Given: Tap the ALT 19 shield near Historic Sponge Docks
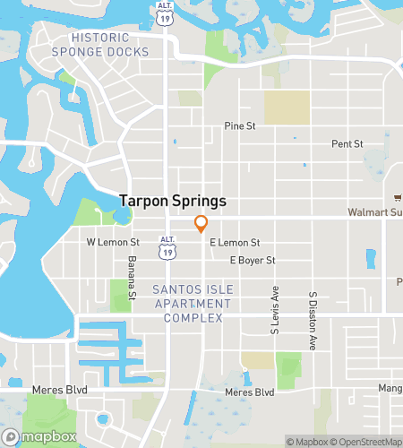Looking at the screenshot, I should [163, 12].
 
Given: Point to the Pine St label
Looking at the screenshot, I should [240, 126].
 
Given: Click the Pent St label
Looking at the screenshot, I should [347, 143].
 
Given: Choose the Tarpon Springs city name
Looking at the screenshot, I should [174, 202].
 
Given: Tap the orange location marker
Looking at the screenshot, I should [201, 224].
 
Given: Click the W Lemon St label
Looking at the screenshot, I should [113, 243].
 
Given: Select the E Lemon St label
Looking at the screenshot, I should [234, 243].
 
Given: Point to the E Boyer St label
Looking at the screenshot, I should [252, 261].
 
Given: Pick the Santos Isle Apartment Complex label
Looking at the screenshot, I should [192, 304].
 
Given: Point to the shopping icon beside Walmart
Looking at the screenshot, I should [396, 199].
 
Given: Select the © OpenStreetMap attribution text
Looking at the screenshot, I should [364, 441].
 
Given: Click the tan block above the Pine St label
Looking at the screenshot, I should [287, 108].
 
